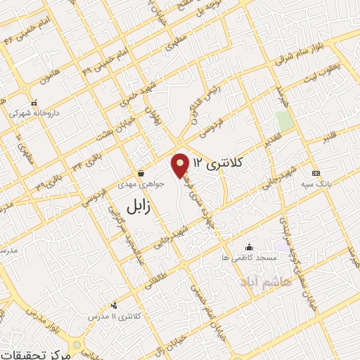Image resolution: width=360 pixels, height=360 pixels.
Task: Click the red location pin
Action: pyautogui.click(x=181, y=165)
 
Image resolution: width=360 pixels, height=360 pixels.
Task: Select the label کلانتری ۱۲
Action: pyautogui.click(x=217, y=162)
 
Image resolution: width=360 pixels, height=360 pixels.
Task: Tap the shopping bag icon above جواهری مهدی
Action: pyautogui.click(x=141, y=172)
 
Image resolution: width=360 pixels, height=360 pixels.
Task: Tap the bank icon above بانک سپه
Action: pyautogui.click(x=316, y=173)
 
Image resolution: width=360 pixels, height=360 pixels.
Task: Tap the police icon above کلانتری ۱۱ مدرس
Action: pyautogui.click(x=114, y=305)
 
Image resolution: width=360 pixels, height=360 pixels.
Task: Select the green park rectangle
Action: pyautogui.click(x=284, y=120)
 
